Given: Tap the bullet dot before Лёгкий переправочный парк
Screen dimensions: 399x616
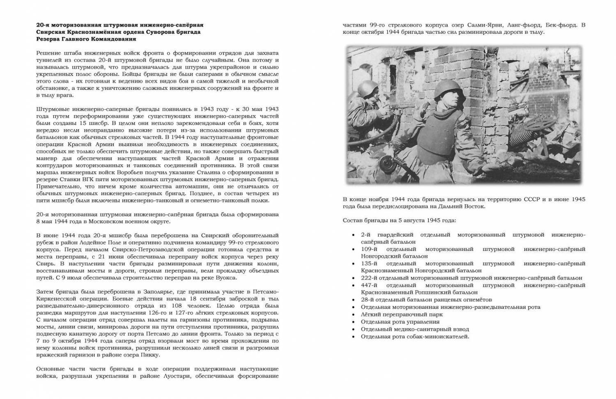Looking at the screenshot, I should pos(354,314).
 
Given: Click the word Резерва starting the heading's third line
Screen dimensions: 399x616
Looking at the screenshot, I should pos(48,39).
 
